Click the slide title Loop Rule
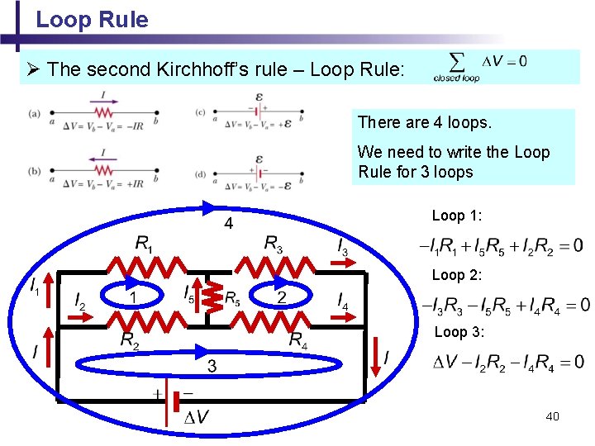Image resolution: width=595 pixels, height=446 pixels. click(92, 19)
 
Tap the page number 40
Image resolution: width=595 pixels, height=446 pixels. click(552, 415)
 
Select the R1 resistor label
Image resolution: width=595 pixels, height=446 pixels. click(144, 244)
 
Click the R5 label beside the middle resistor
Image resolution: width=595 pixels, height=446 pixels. click(233, 297)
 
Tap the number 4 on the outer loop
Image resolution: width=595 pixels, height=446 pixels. click(229, 224)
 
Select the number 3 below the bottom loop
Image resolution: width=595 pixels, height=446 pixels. click(212, 367)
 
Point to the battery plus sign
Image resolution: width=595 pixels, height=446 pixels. click(157, 395)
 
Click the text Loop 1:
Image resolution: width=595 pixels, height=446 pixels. click(457, 216)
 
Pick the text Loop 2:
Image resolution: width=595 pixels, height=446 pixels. click(457, 275)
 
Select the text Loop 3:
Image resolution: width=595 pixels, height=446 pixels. click(457, 332)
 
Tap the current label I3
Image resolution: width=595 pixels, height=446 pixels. click(340, 244)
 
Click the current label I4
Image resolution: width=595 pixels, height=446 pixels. click(341, 301)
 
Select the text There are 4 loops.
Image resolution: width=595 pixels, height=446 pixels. click(424, 122)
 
